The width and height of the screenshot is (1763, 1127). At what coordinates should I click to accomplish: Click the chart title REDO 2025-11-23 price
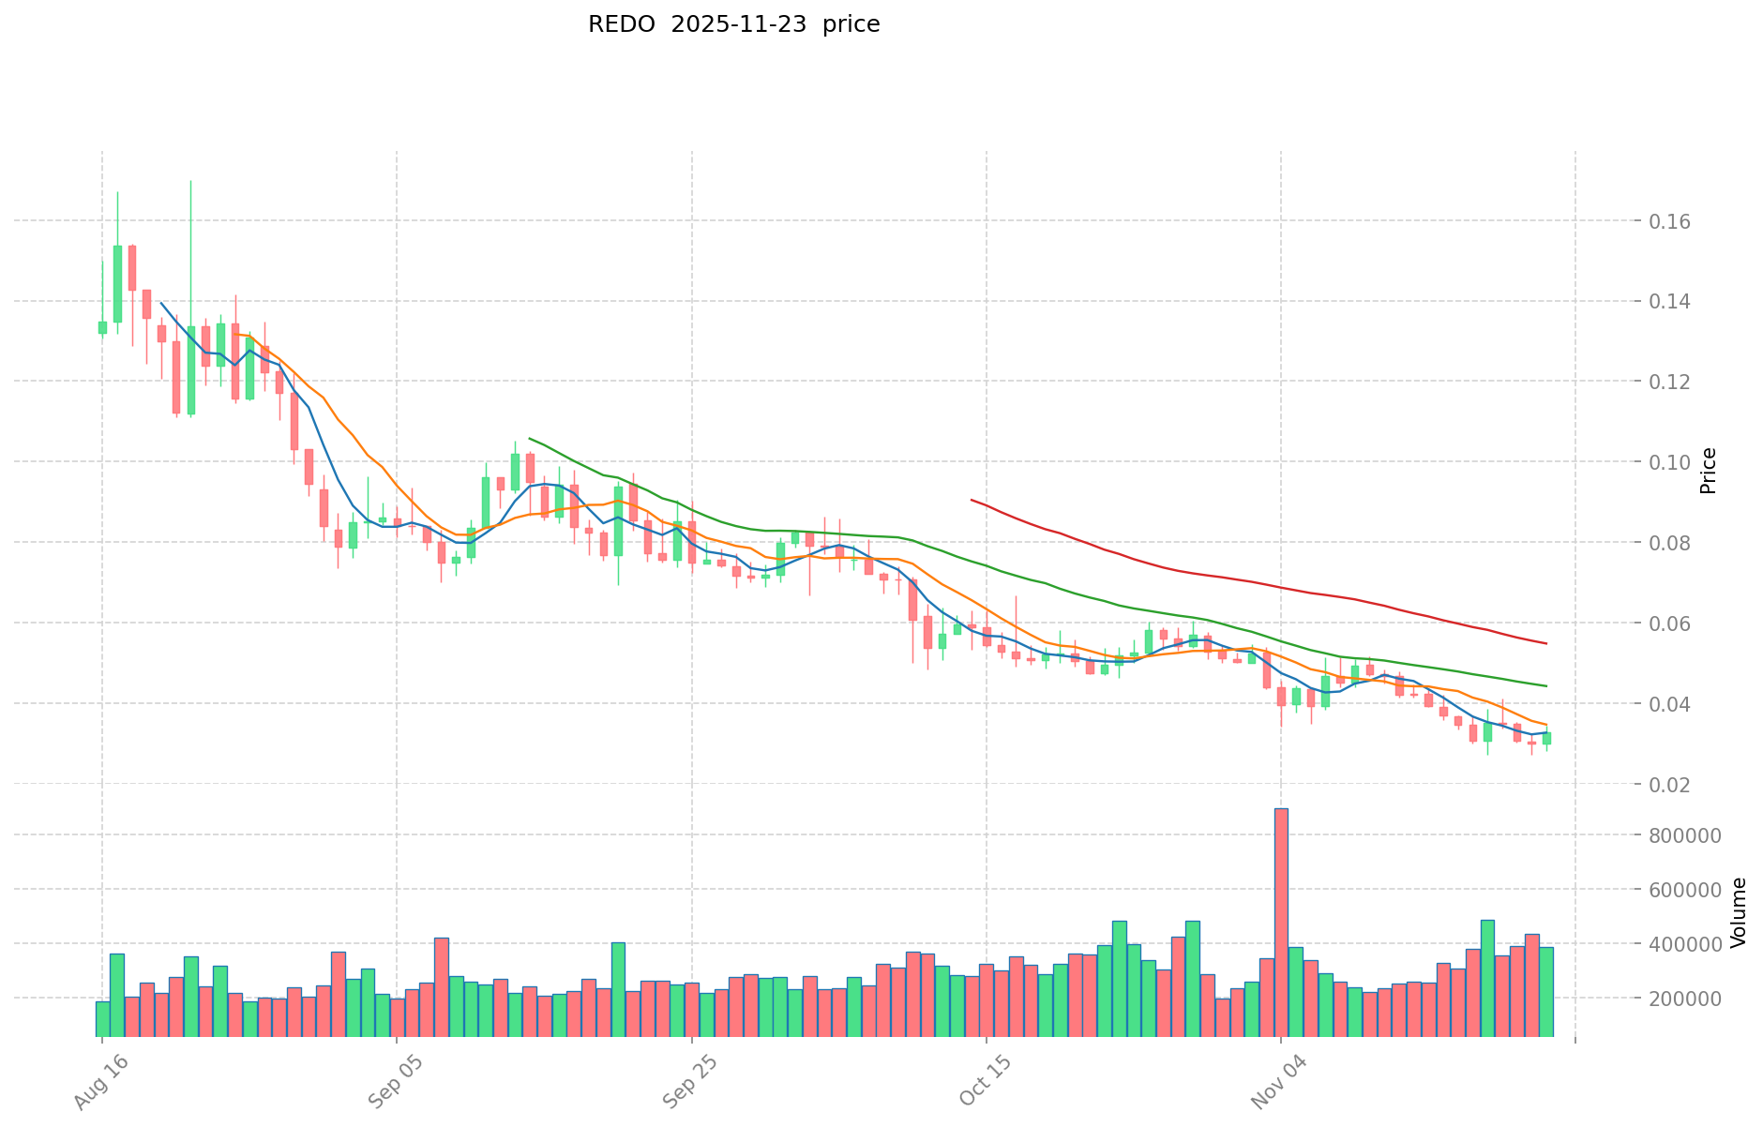coord(733,24)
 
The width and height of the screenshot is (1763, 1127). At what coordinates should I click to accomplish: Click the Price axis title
coord(1708,471)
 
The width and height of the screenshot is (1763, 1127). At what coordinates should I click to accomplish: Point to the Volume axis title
coord(1738,911)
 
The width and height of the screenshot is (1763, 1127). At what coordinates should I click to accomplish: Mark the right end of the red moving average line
coord(1545,643)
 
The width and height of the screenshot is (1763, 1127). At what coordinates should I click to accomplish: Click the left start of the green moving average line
coord(530,438)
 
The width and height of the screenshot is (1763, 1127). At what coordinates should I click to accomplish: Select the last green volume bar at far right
coord(1546,991)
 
